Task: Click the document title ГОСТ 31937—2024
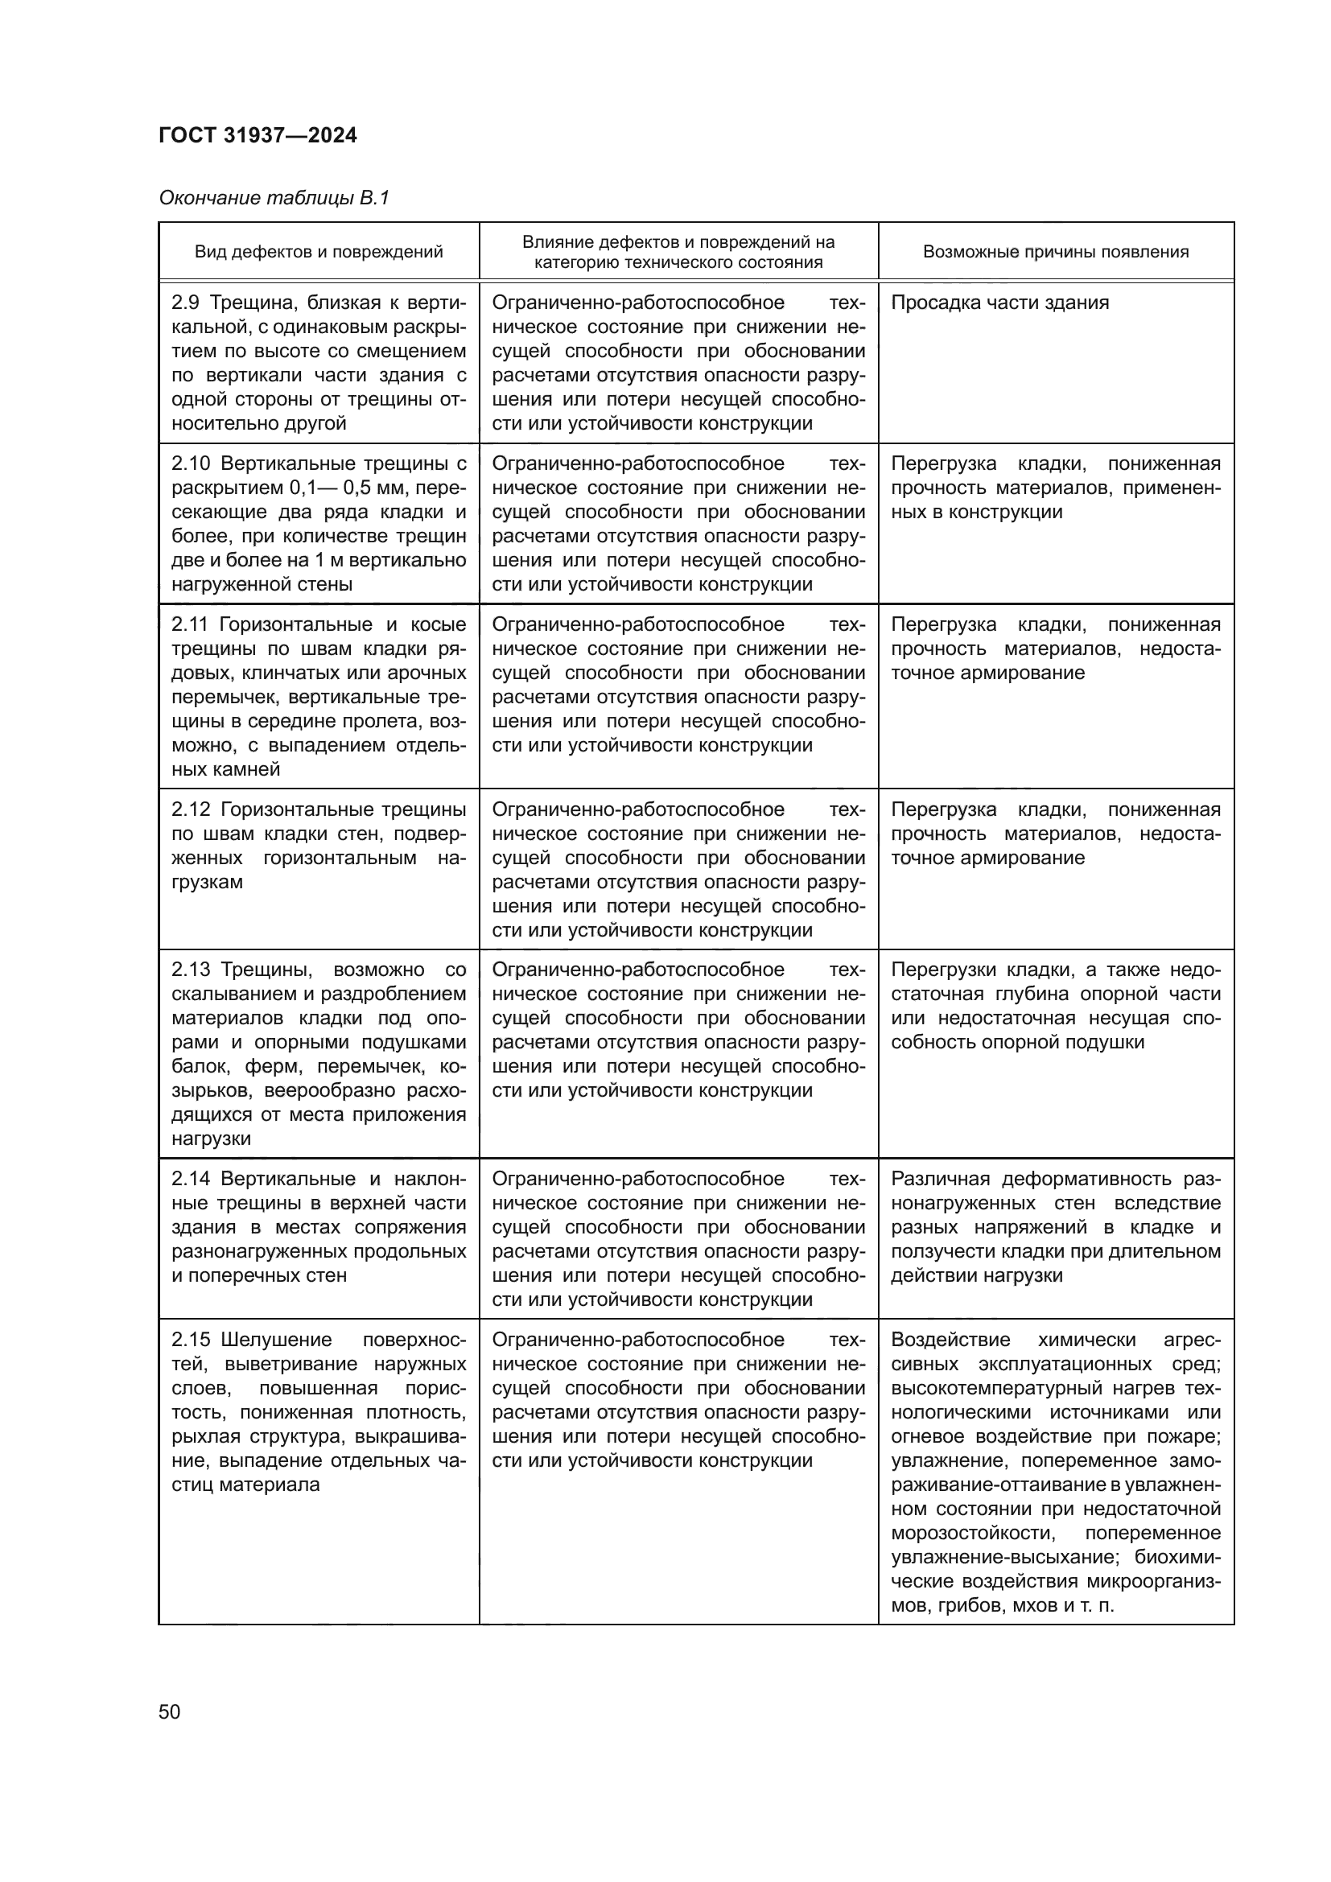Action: pyautogui.click(x=258, y=135)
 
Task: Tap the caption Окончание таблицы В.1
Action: pyautogui.click(x=274, y=198)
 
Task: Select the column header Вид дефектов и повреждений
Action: pyautogui.click(x=318, y=252)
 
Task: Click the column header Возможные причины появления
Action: pyautogui.click(x=1056, y=252)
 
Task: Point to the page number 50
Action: pyautogui.click(x=170, y=1711)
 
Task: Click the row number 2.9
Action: pyautogui.click(x=185, y=303)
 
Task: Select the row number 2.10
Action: pyautogui.click(x=190, y=464)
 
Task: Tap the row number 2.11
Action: pyautogui.click(x=189, y=624)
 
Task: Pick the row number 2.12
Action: pyautogui.click(x=190, y=810)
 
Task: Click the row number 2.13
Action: pyautogui.click(x=190, y=970)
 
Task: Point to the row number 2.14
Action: pyautogui.click(x=190, y=1179)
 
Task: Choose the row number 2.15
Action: pyautogui.click(x=190, y=1340)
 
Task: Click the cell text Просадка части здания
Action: pyautogui.click(x=999, y=303)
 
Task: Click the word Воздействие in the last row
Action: pyautogui.click(x=950, y=1340)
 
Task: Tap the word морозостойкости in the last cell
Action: pyautogui.click(x=973, y=1533)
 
